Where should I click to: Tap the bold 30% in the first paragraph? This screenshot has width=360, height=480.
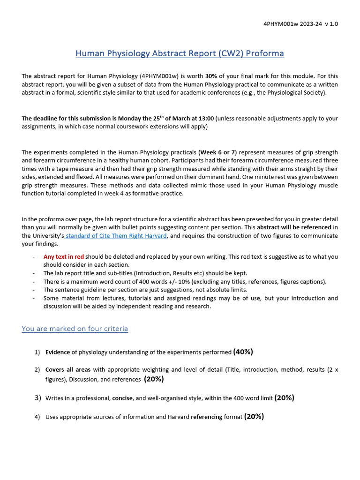pos(211,76)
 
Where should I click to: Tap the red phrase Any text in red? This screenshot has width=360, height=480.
pos(64,257)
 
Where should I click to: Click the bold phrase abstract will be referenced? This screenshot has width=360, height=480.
pos(294,227)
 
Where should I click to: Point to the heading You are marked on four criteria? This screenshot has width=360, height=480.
pos(75,329)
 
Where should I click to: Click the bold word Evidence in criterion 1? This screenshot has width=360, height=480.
pos(58,352)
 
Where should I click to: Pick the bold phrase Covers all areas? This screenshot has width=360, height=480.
pos(68,370)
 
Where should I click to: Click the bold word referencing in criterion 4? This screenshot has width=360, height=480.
pos(207,417)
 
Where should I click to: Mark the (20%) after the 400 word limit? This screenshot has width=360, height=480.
pos(284,398)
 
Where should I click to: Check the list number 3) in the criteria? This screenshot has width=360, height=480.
pos(38,398)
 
